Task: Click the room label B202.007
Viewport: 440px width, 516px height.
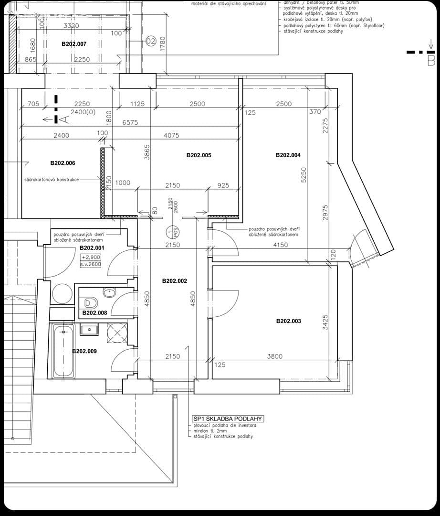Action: (x=74, y=44)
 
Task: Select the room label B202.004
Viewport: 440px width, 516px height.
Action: (x=288, y=155)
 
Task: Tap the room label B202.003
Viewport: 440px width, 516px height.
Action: (x=289, y=321)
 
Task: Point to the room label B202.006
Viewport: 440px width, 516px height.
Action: (x=63, y=163)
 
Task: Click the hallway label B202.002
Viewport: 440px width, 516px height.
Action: (x=174, y=281)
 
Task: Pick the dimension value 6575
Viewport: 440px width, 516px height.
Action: (x=130, y=122)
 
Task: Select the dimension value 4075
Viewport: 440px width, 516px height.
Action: (x=171, y=135)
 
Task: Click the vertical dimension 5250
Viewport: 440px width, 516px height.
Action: (x=304, y=175)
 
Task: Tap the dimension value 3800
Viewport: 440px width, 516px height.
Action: (x=274, y=356)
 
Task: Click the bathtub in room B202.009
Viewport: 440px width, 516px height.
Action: (x=63, y=351)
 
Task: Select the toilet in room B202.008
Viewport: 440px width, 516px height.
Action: (x=90, y=302)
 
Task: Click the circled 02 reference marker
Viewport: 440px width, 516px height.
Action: (x=151, y=42)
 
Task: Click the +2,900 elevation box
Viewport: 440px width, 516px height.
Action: (x=91, y=257)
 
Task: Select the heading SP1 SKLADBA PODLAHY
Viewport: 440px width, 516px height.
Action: (x=228, y=419)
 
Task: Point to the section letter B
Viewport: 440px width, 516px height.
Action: (x=430, y=61)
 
